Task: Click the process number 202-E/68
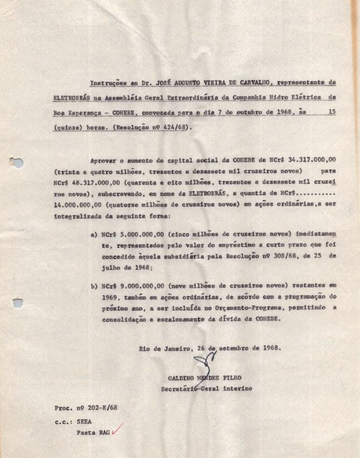[x=99, y=407]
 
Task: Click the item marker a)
[x=95, y=234]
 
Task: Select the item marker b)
[x=95, y=286]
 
